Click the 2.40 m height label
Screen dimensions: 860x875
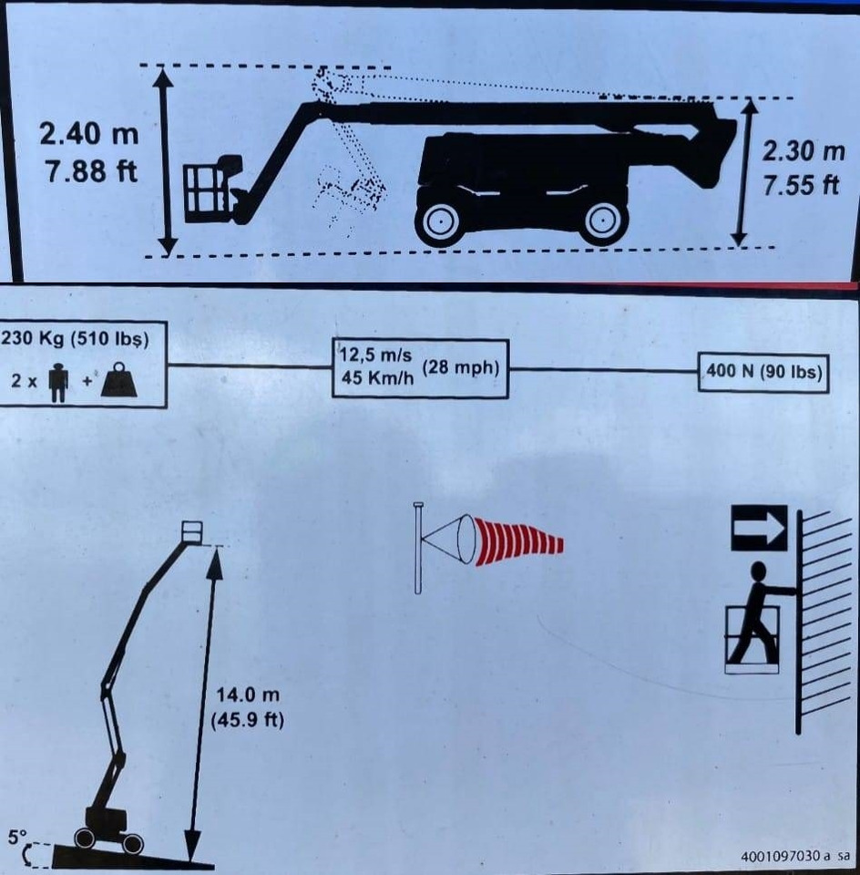(88, 134)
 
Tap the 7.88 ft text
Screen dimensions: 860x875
(91, 170)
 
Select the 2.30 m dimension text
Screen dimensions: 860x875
(804, 151)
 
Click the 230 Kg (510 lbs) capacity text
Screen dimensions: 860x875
(76, 339)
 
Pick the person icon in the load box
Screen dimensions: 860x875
(58, 382)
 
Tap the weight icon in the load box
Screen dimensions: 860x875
(118, 381)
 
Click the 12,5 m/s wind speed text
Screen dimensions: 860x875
(376, 355)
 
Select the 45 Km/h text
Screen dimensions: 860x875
(377, 377)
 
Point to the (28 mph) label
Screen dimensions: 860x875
(461, 367)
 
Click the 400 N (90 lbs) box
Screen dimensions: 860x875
(763, 372)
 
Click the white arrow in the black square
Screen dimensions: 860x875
(759, 528)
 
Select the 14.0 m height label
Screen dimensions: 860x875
(248, 695)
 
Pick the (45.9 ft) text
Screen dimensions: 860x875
(248, 719)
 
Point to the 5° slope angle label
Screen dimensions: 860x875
(16, 837)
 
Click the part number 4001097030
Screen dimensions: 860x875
(781, 856)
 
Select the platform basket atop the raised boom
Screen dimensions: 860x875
(192, 531)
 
